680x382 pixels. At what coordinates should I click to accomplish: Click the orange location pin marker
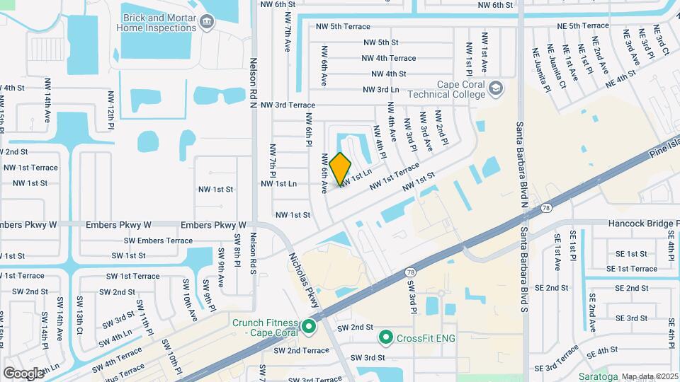341,168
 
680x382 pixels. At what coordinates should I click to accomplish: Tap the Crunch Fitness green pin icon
308,327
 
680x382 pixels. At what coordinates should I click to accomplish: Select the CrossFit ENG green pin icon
386,337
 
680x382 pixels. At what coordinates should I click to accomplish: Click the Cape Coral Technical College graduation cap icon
496,89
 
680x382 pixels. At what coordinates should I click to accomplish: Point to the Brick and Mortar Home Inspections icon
207,23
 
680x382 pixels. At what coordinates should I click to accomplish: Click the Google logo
23,373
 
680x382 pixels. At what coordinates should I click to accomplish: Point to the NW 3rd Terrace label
288,105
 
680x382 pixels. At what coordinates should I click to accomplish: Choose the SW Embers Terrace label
149,241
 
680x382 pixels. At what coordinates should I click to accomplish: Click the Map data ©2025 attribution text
650,376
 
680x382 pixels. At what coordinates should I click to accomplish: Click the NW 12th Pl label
111,110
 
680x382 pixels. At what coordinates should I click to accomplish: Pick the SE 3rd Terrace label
559,360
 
